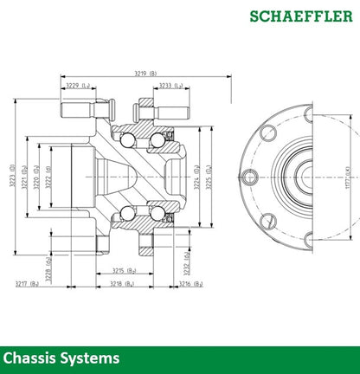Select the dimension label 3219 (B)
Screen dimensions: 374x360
(x=146, y=74)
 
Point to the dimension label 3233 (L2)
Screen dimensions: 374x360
(x=170, y=86)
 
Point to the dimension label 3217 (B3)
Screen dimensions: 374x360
(x=27, y=282)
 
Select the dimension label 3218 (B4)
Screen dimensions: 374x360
(x=123, y=282)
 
